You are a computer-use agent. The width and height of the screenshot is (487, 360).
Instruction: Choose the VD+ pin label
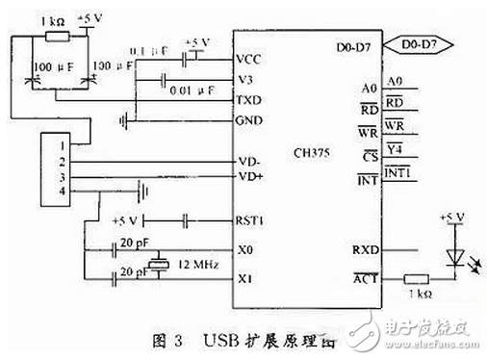point(249,177)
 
